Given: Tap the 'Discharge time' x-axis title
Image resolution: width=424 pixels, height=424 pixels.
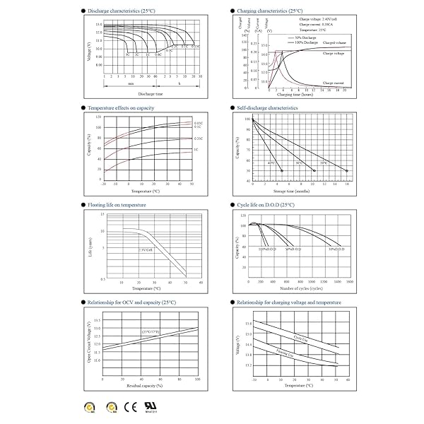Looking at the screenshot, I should point(151,93).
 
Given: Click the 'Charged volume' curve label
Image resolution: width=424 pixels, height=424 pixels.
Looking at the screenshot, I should point(334,44).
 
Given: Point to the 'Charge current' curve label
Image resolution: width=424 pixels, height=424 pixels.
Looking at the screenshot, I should point(333,83).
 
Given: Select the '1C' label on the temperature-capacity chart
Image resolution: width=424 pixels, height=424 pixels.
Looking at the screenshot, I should point(196,151).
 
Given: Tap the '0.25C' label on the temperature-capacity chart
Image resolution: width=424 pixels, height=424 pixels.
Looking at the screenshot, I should point(199,138).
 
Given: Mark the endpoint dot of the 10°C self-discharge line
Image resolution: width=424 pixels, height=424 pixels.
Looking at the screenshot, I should point(347,171).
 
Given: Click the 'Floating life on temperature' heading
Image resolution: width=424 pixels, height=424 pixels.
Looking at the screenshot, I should point(116,204).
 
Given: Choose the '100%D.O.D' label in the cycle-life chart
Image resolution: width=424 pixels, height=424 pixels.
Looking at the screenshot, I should point(266,249).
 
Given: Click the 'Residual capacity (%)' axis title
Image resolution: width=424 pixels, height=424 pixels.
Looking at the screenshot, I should point(151,385).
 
